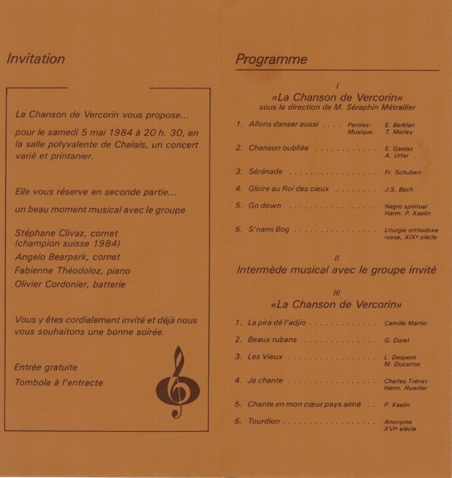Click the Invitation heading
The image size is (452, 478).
click(36, 59)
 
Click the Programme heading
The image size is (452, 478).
click(271, 59)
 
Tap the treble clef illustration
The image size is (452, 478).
click(178, 383)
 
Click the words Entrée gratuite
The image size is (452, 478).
click(46, 367)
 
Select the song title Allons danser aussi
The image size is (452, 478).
click(283, 124)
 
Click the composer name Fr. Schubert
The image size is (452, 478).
click(402, 173)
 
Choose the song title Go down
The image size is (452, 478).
click(264, 206)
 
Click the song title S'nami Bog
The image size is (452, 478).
click(269, 230)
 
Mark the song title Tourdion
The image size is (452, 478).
click(263, 421)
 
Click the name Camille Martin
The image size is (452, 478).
click(405, 323)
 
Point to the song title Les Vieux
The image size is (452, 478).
click(265, 357)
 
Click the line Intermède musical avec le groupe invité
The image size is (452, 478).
click(336, 270)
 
